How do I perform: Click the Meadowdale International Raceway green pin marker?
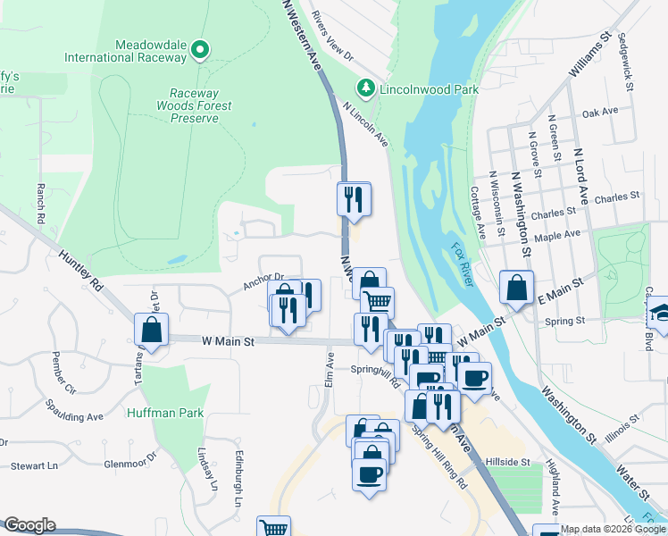click(200, 50)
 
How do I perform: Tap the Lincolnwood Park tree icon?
click(364, 88)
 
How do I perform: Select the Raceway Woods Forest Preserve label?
click(201, 105)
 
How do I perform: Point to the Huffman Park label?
click(165, 413)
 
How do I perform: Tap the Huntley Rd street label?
click(82, 272)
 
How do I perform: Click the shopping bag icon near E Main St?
click(516, 287)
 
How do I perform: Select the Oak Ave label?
click(599, 113)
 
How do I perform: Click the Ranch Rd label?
click(40, 204)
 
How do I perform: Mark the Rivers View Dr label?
click(333, 37)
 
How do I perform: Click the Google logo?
click(29, 525)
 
